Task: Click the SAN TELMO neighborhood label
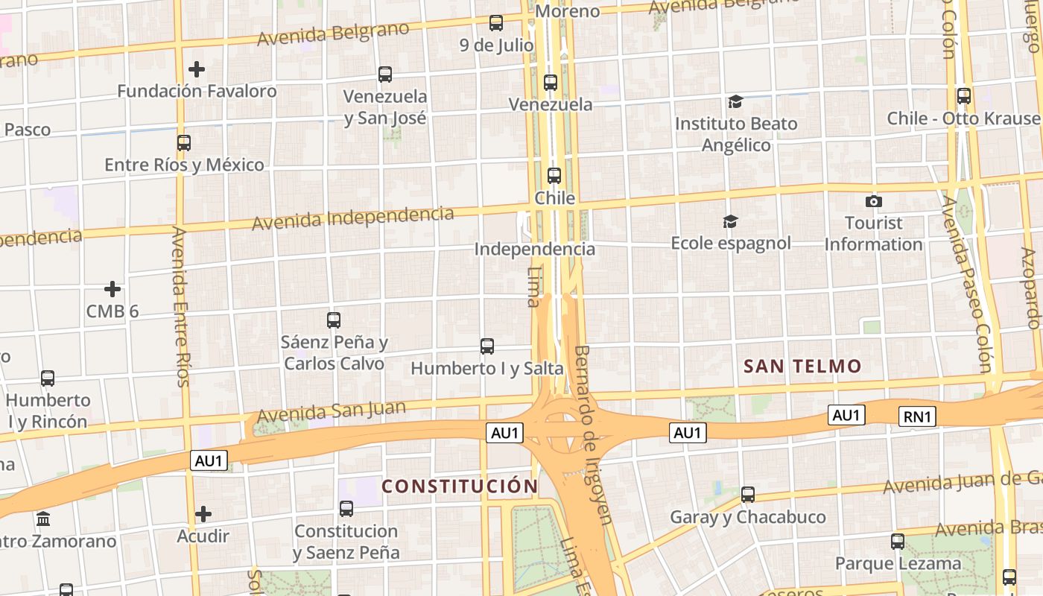802,366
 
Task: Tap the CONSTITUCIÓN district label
460,486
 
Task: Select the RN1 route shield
917,416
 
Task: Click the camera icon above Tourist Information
874,201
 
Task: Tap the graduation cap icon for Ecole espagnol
730,221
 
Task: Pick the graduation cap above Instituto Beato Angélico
735,101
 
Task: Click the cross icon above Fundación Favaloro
197,69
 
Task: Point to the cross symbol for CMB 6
112,288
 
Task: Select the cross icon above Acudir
203,514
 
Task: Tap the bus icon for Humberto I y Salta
487,346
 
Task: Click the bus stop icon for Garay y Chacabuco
748,495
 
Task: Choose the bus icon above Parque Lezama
898,542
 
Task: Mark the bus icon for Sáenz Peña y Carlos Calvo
334,320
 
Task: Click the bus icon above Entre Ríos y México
184,143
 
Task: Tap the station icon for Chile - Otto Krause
964,96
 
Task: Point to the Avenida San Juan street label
332,410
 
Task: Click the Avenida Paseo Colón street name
967,283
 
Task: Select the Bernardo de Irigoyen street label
593,434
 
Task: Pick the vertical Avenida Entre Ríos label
180,306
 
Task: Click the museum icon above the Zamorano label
43,519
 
